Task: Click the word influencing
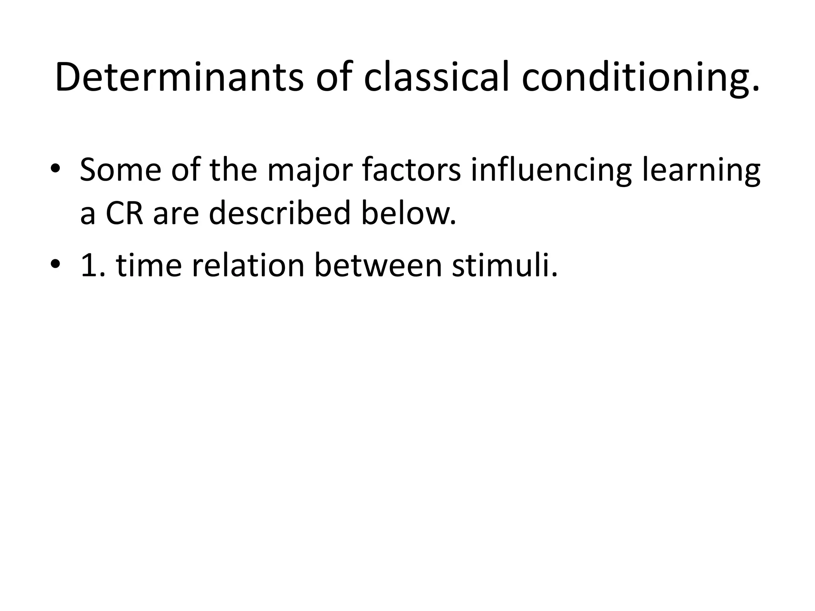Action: [x=551, y=170]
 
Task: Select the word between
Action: [x=378, y=265]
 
